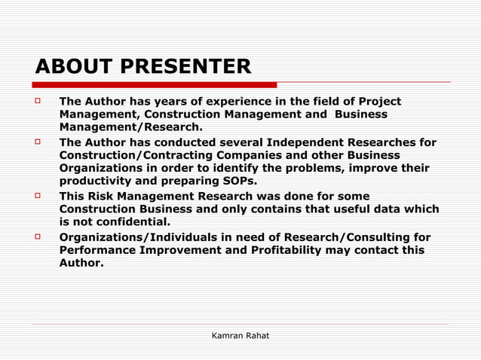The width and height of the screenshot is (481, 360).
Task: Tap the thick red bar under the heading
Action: pyautogui.click(x=155, y=84)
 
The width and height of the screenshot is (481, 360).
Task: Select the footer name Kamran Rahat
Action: pyautogui.click(x=240, y=335)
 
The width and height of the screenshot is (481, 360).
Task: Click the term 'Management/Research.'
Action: pyautogui.click(x=131, y=127)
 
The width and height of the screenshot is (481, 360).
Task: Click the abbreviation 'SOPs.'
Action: pyautogui.click(x=238, y=182)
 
